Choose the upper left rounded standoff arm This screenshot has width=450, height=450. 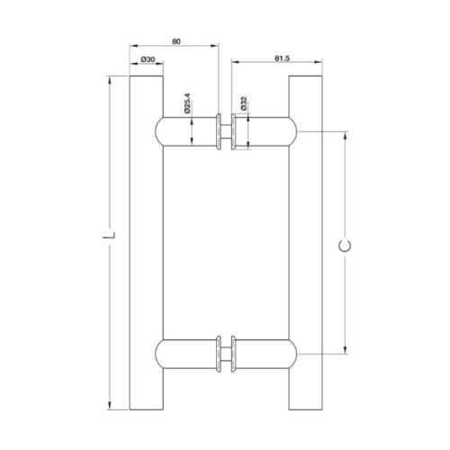point(185,130)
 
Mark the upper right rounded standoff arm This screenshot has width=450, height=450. point(266,130)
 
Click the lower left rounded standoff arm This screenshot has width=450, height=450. point(185,355)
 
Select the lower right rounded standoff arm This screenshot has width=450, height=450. point(266,355)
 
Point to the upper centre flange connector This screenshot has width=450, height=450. point(225,130)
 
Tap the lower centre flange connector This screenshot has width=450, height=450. point(225,355)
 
